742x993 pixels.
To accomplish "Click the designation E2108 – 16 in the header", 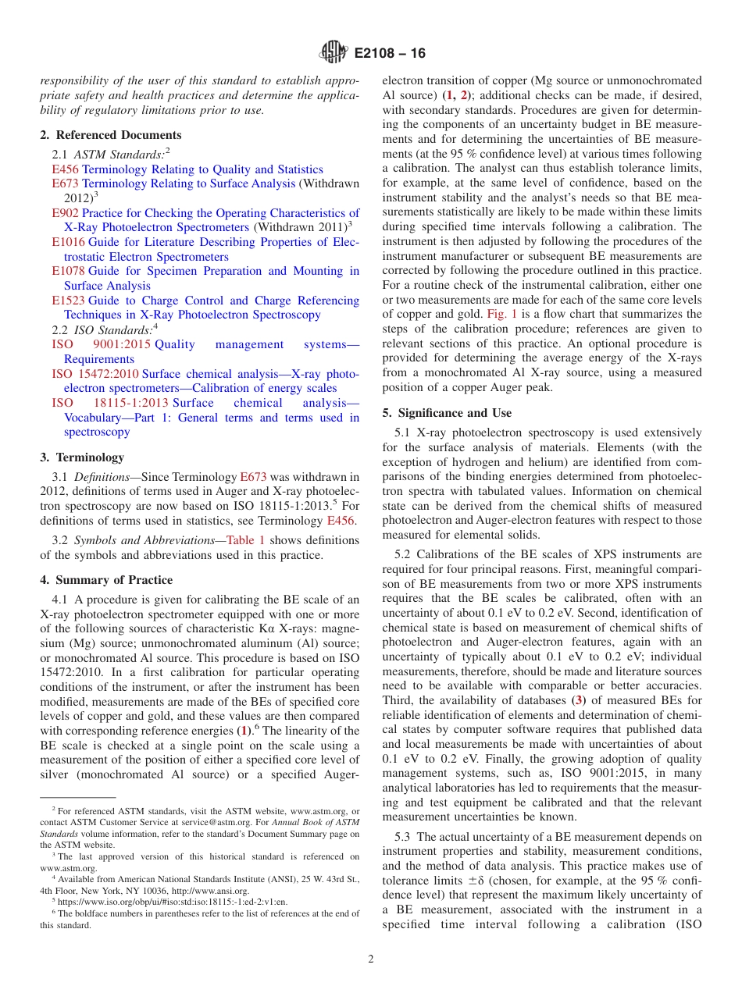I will coord(390,54).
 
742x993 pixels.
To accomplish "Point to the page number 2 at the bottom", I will coord(371,959).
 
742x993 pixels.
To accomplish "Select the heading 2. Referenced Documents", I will coord(111,135).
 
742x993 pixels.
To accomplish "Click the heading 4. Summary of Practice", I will coord(106,580).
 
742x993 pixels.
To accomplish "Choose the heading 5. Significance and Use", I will coord(447,413).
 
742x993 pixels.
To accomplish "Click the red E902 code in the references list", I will coord(65,213).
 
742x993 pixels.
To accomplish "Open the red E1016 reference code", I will coord(68,242).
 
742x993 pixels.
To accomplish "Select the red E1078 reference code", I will coord(68,271).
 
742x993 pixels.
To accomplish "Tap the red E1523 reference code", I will coord(68,301).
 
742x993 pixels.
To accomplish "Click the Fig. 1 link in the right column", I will coord(478,315).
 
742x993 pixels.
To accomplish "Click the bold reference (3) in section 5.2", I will coord(578,700).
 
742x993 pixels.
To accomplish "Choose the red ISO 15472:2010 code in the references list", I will coord(95,374).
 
